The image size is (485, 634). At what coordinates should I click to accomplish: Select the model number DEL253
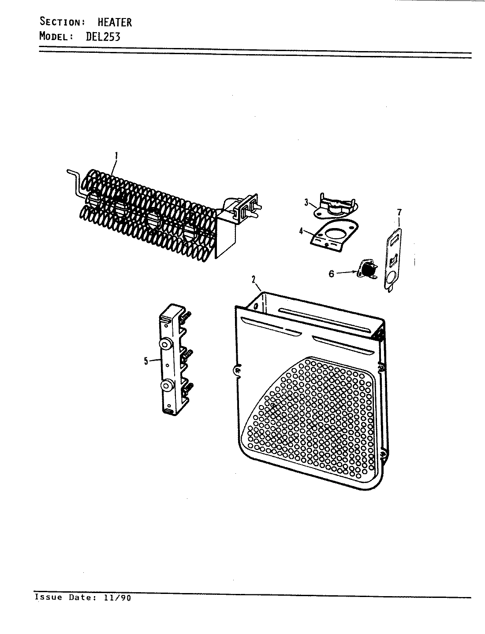coord(102,36)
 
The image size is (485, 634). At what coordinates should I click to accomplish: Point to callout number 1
coord(116,155)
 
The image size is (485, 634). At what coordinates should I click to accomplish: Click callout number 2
coord(254,279)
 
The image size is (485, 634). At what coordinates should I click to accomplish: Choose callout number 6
coord(332,273)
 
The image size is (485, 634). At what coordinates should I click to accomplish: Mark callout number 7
coord(399,213)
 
